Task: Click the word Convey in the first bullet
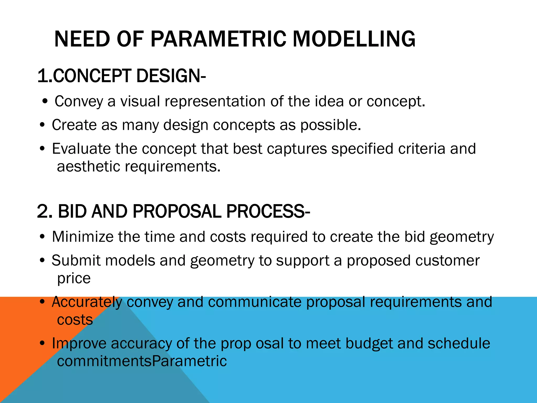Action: coord(79,102)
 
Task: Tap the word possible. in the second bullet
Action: coord(331,125)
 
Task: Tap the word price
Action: coord(74,278)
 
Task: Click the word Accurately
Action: coord(87,302)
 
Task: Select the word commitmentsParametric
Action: coord(142,361)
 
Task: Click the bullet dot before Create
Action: coord(42,125)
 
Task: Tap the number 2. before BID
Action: coord(45,211)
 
